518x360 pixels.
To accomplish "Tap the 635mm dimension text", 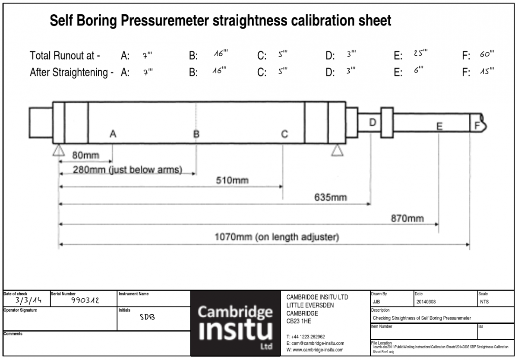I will coord(330,198).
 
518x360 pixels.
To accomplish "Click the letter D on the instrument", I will coord(373,123).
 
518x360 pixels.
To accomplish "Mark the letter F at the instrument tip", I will coord(477,126).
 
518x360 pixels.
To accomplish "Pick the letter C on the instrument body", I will coord(284,134).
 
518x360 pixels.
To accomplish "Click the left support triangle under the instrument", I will coord(58,150).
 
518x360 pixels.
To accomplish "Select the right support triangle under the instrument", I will coord(337,150).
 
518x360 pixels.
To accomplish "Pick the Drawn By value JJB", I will coord(376,302).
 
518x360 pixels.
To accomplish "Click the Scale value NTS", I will coord(484,302).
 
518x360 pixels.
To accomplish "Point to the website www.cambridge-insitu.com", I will coord(315,350).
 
